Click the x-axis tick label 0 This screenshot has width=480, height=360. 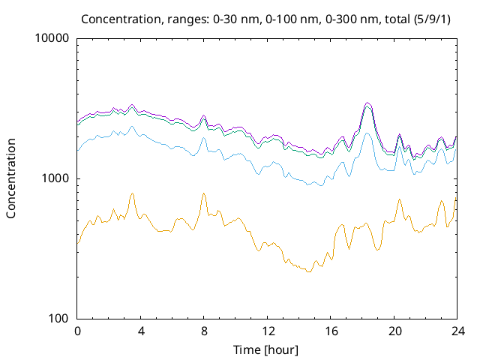tap(77, 331)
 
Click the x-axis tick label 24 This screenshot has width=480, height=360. tap(457, 331)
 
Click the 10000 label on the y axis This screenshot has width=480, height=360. tap(53, 39)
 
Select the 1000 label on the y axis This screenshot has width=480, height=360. tap(56, 178)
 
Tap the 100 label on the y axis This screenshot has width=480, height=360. tap(59, 319)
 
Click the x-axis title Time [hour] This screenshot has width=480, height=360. tap(268, 349)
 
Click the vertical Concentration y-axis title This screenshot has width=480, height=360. tap(11, 178)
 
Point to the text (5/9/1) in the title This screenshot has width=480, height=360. tap(435, 18)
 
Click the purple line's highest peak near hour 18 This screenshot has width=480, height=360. tap(367, 103)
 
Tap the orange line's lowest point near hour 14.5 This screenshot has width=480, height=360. tap(308, 272)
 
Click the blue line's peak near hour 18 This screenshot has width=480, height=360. tap(367, 133)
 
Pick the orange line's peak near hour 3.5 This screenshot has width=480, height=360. tap(133, 193)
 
